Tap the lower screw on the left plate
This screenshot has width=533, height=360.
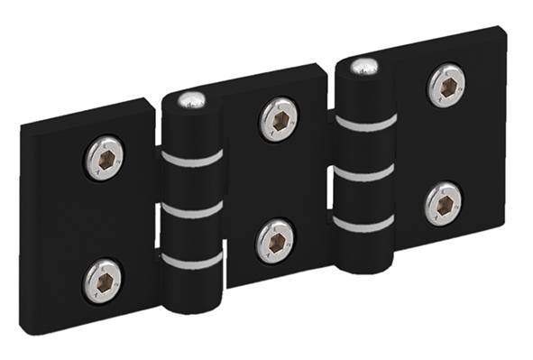[x=102, y=281]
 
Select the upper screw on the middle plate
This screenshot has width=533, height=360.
[x=279, y=119]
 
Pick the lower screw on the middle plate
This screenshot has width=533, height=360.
[x=275, y=240]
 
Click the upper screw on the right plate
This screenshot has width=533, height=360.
[x=446, y=85]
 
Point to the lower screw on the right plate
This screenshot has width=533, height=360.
[x=444, y=203]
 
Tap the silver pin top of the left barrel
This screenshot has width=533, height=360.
[x=191, y=100]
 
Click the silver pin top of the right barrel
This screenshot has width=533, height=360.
[x=363, y=66]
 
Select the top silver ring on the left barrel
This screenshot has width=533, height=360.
[x=191, y=159]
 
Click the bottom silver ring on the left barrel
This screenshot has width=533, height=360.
[x=191, y=261]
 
